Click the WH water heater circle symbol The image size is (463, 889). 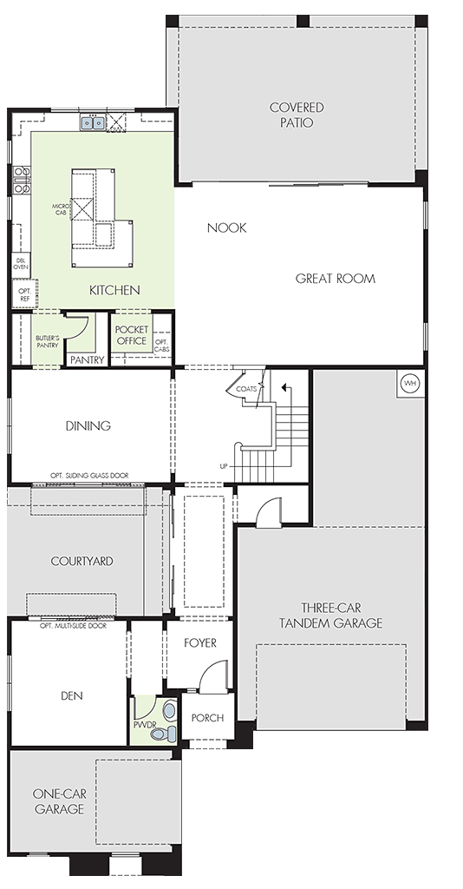[410, 384]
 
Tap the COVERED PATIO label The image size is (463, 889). [297, 115]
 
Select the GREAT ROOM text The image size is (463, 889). [335, 279]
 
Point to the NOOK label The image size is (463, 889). [226, 228]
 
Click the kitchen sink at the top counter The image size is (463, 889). [92, 122]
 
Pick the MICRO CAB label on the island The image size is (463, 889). [61, 209]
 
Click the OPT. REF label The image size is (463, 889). [24, 294]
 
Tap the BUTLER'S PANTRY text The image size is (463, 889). [47, 341]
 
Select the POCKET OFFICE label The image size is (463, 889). [131, 335]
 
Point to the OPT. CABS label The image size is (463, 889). [162, 346]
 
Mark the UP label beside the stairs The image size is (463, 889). [224, 466]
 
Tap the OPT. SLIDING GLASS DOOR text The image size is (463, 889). [89, 475]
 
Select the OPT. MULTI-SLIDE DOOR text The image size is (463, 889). [73, 626]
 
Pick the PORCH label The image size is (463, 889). [207, 718]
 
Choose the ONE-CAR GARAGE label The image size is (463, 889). [60, 801]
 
